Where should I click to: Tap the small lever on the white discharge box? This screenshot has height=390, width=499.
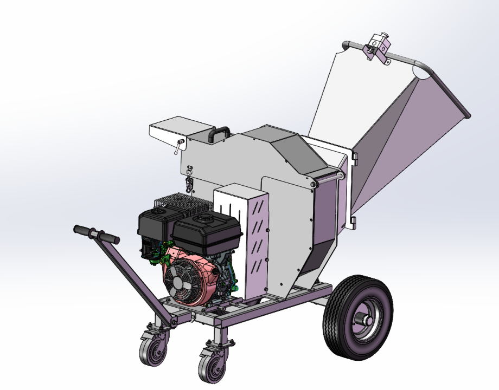point(178,146)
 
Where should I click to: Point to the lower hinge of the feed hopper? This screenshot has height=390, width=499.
point(354,221)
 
